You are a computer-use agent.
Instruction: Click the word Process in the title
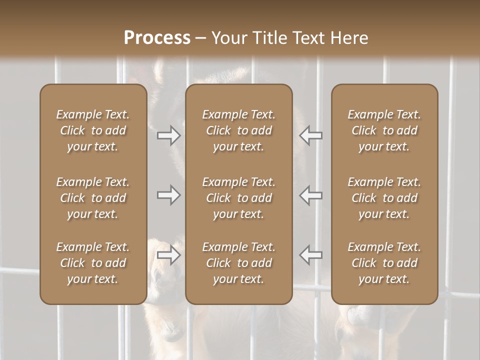tap(157, 38)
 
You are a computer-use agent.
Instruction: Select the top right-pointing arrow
tap(168, 135)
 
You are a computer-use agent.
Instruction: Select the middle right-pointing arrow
tap(168, 195)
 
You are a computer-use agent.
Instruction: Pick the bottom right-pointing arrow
tap(168, 255)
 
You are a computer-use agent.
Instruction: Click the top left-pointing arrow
tap(311, 135)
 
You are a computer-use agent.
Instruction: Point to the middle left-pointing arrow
tap(311, 195)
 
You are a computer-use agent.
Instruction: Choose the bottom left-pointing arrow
tap(311, 255)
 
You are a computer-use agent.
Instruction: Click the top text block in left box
tap(93, 130)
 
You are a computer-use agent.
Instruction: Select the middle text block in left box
tap(93, 198)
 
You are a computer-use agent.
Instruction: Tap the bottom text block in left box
tap(93, 263)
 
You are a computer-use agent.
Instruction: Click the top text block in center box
tap(238, 130)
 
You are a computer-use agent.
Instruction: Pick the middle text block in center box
tap(238, 198)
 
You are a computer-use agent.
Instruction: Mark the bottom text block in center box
tap(238, 263)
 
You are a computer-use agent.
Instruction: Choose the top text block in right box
tap(384, 130)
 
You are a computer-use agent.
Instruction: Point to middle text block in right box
tap(384, 198)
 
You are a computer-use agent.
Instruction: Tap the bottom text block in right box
tap(384, 263)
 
